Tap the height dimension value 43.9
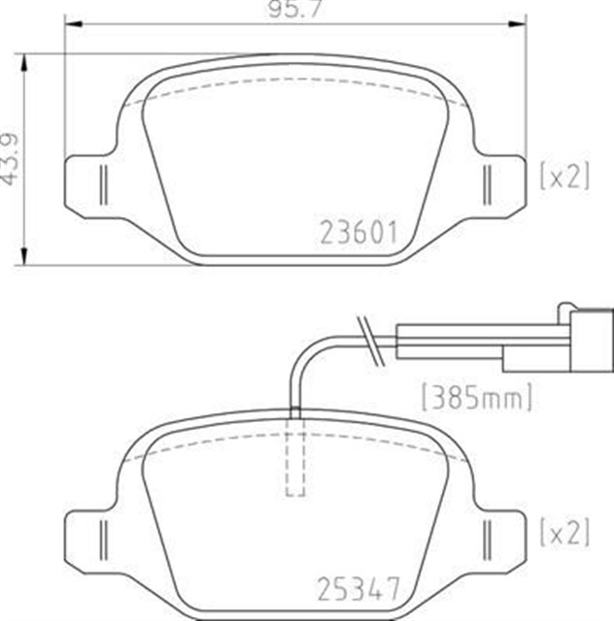tap(11, 159)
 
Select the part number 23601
tap(358, 233)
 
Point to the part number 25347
tap(358, 587)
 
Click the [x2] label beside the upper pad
tap(564, 176)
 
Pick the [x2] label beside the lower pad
tap(564, 531)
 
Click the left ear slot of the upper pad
tap(101, 180)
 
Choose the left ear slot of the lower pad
tap(101, 537)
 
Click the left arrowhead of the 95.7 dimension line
tap(70, 26)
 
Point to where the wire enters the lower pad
tap(295, 412)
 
